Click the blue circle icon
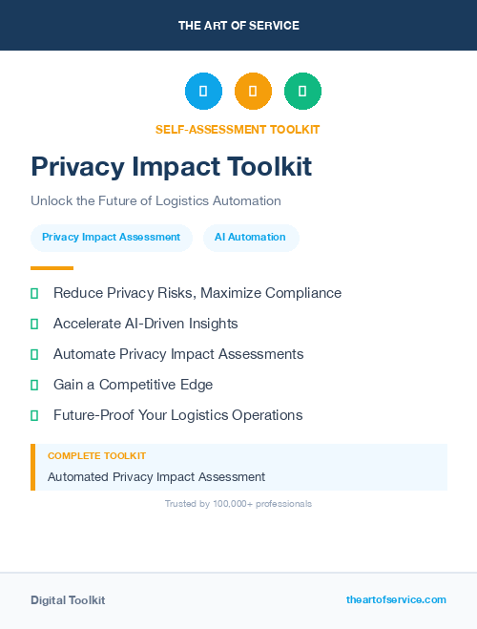tap(203, 92)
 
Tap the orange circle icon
tap(253, 92)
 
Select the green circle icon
tap(302, 92)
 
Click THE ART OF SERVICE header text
tap(238, 26)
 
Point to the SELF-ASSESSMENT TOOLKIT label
tap(238, 129)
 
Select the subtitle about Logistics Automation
tap(156, 201)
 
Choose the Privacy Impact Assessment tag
tap(112, 238)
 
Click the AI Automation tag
tap(250, 238)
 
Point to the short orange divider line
tap(52, 268)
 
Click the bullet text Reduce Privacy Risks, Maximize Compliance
tap(197, 293)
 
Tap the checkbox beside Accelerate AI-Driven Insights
tap(34, 324)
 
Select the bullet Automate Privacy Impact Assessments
tap(178, 354)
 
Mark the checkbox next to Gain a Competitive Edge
tap(34, 385)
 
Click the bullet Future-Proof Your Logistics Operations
tap(177, 415)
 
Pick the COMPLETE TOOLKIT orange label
tap(96, 456)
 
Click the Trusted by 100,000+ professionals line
tap(238, 503)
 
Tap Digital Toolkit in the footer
tap(68, 600)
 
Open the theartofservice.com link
tap(396, 599)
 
